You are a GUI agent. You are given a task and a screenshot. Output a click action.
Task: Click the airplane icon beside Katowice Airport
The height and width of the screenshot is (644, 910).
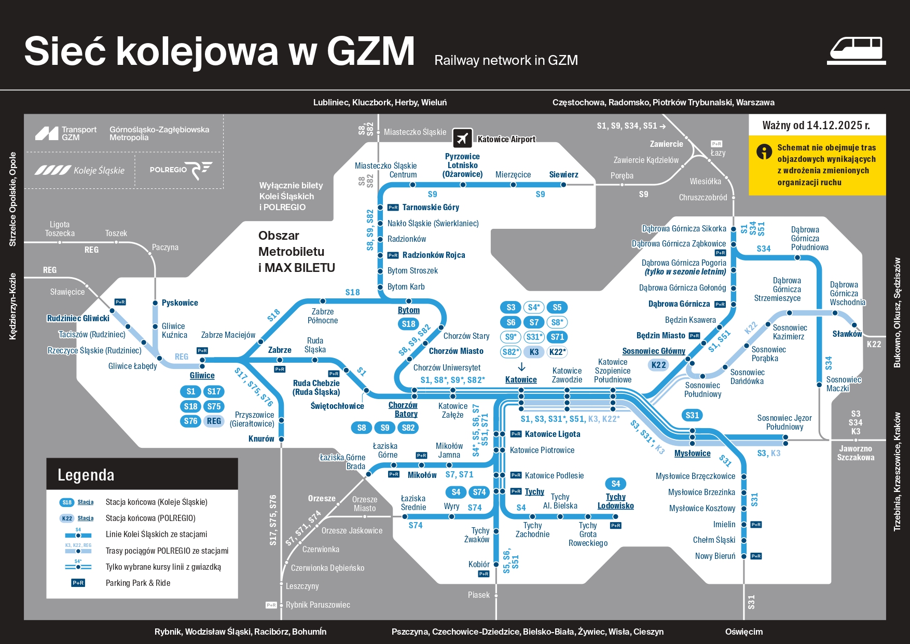(462, 138)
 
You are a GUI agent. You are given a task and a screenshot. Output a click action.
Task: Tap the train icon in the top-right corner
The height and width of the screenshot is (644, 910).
(856, 50)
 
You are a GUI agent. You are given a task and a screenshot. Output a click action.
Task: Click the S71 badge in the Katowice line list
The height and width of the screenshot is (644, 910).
(557, 337)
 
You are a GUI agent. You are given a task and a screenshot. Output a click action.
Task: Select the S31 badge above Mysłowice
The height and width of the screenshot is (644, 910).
(692, 415)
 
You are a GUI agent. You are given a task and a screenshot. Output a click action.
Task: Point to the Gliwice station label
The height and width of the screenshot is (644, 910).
(202, 376)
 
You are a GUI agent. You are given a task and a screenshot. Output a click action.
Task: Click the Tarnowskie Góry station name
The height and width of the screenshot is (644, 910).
(431, 208)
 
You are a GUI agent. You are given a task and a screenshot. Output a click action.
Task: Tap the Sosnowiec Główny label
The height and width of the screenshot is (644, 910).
(654, 351)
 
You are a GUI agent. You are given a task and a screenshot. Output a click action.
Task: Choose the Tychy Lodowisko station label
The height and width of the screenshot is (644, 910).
(615, 501)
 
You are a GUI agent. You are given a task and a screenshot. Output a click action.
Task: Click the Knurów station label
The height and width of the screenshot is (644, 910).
(261, 439)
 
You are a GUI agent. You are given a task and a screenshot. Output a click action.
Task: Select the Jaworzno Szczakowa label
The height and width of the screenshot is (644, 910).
(856, 453)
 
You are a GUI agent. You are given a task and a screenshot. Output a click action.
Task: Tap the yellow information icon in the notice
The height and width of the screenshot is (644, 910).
(764, 152)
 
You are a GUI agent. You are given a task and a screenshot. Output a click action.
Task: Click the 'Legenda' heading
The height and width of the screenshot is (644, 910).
(86, 475)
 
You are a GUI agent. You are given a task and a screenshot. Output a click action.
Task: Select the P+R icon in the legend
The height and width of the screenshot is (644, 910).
(78, 583)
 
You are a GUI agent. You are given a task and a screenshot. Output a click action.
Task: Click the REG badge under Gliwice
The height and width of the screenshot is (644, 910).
(214, 421)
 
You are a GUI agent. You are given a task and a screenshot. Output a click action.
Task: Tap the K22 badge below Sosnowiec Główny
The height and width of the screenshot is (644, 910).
(658, 365)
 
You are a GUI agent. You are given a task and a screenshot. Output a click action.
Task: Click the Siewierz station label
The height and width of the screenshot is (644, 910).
(563, 175)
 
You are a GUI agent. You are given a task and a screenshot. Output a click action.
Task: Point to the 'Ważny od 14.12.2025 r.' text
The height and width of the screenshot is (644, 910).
(816, 126)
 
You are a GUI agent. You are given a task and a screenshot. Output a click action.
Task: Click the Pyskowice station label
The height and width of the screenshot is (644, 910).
(180, 303)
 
